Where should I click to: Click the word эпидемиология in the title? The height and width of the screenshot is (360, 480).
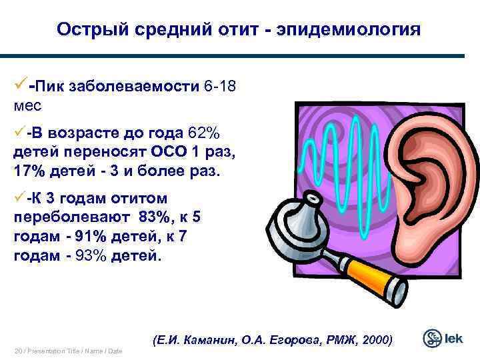(363, 29)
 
